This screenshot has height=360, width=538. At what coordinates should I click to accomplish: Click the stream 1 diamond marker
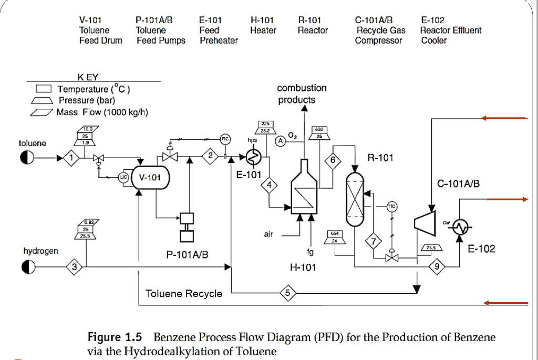pyautogui.click(x=72, y=157)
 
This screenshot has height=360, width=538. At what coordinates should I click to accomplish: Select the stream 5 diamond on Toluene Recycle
pyautogui.click(x=287, y=293)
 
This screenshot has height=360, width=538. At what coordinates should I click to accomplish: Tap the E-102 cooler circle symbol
pyautogui.click(x=461, y=227)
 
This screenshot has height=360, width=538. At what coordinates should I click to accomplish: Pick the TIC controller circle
pyautogui.click(x=391, y=206)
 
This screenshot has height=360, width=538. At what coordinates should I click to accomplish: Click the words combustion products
pyautogui.click(x=302, y=94)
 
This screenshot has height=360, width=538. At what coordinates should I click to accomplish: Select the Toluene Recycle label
pyautogui.click(x=184, y=293)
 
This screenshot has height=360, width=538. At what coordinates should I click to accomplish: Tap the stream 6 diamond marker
pyautogui.click(x=333, y=160)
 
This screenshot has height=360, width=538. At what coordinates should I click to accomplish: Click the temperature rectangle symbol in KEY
pyautogui.click(x=44, y=89)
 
